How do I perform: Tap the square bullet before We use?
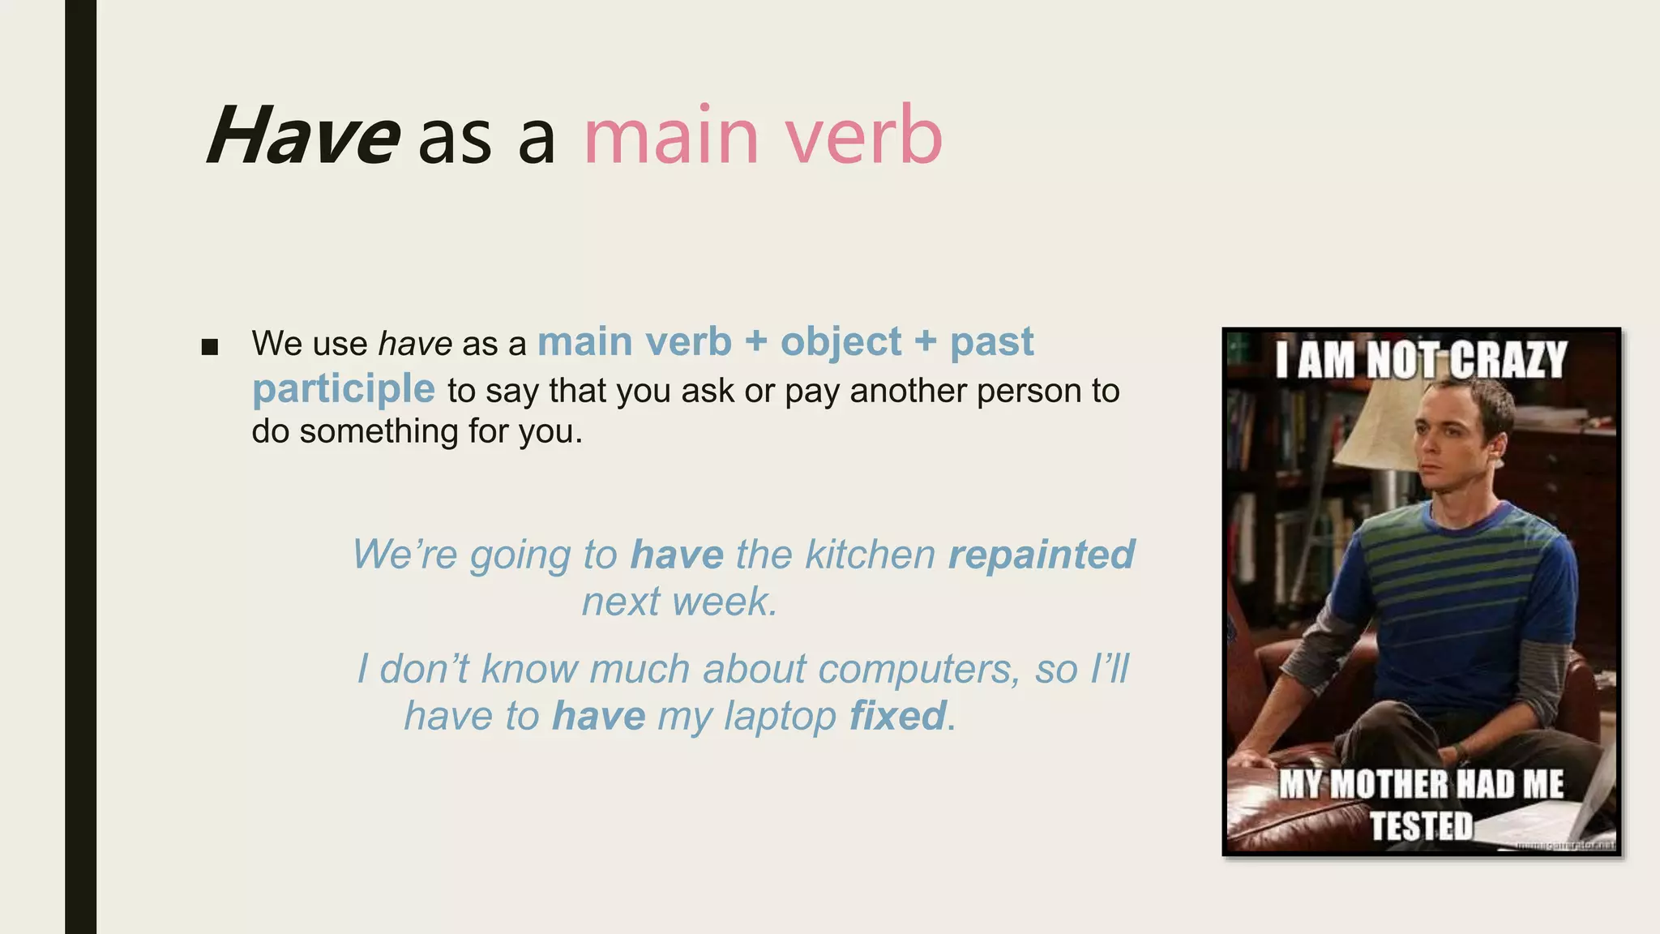point(210,348)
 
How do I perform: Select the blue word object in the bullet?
point(841,342)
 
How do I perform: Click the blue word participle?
point(344,389)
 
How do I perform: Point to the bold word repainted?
point(1041,555)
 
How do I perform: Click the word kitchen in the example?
point(870,555)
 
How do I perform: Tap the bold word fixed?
point(897,716)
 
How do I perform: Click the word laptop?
point(780,717)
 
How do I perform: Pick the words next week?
point(679,602)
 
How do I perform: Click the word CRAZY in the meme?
point(1508,360)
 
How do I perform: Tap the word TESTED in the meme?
point(1422,825)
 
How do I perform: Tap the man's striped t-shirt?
point(1459,592)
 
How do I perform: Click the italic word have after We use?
point(415,344)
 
